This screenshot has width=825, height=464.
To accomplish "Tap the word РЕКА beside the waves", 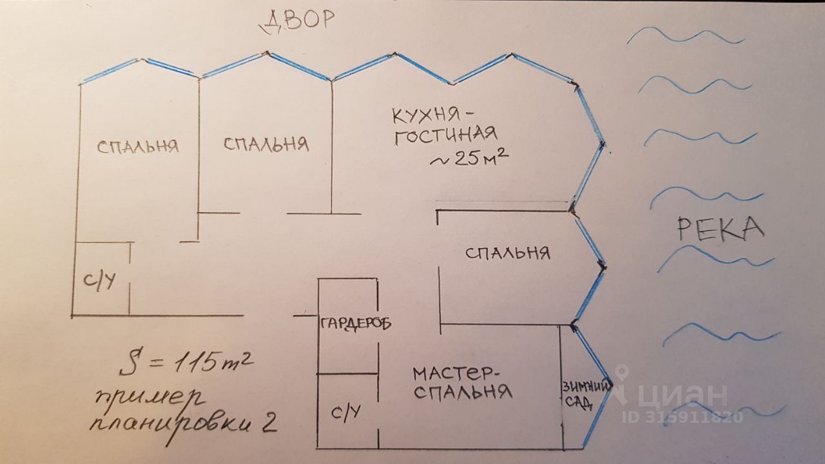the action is [721, 229].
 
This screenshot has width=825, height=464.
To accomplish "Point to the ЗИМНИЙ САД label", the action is [585, 394].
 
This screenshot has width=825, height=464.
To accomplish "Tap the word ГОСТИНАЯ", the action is [445, 135].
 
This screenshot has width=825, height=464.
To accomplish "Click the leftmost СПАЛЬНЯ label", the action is [137, 146].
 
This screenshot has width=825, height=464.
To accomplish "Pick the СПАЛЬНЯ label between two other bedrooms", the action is [266, 144].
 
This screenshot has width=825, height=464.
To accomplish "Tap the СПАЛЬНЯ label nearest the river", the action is [508, 253].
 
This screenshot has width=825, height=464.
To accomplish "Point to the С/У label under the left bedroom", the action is [99, 281].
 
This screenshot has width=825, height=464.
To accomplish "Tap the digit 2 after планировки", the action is [269, 422].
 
